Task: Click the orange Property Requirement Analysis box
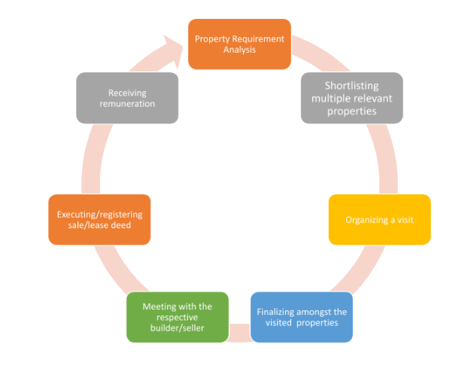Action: point(239,44)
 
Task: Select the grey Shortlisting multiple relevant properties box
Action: point(351,98)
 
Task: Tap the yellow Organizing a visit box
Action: point(379,220)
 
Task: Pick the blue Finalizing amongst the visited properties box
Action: point(301,317)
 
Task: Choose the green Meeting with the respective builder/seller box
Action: point(178,317)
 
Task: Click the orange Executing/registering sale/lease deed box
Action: point(99,220)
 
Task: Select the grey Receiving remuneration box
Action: point(127,98)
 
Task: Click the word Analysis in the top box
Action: point(239,50)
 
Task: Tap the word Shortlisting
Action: point(351,86)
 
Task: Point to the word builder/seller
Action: point(178,328)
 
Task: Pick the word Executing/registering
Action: point(99,215)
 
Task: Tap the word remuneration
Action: point(127,103)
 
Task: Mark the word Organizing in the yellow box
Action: point(366,220)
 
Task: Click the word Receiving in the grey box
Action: point(127,93)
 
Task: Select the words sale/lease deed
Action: point(99,225)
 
